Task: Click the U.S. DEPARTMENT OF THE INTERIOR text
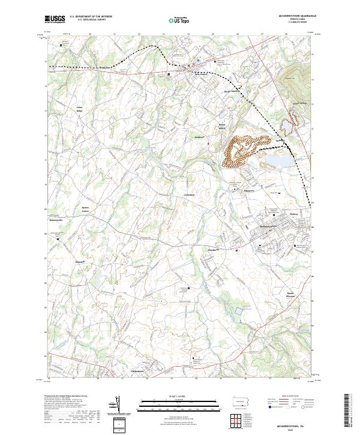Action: point(91,16)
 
